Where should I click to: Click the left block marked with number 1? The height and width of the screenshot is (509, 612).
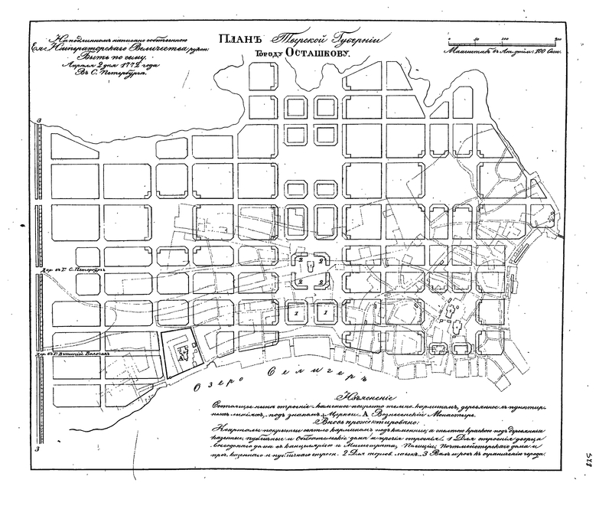pos(296,312)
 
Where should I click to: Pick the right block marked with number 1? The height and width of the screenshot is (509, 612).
pos(324,312)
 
